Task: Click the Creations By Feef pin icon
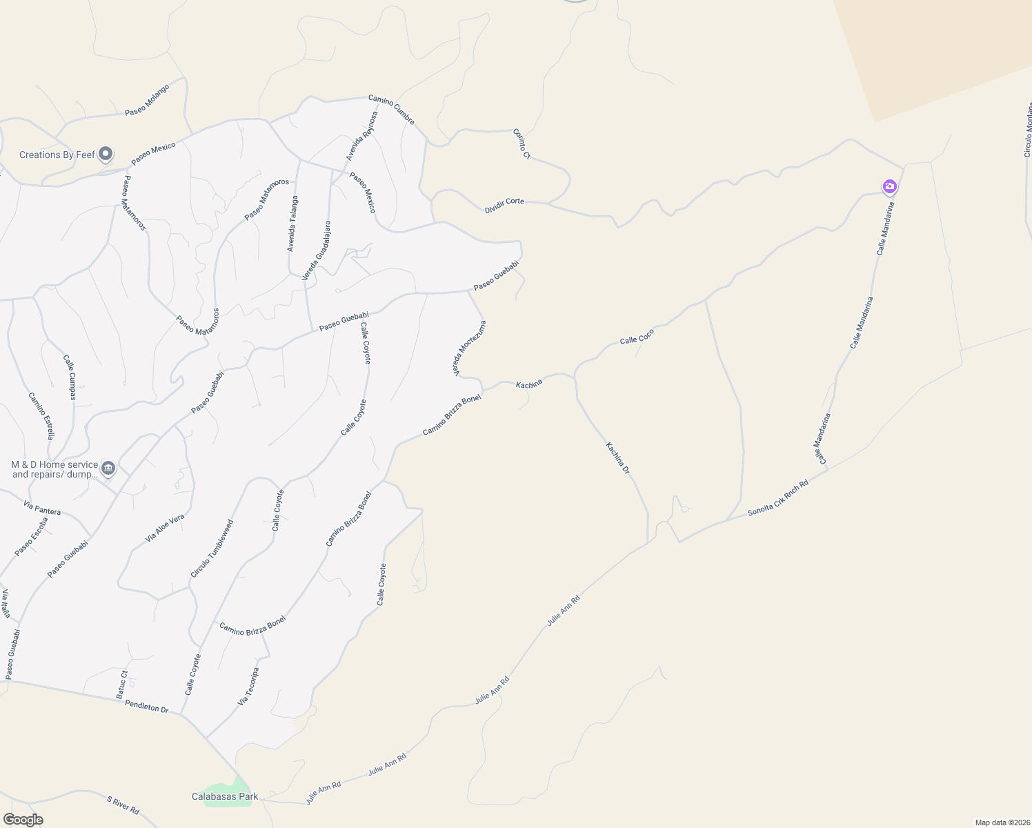pyautogui.click(x=106, y=154)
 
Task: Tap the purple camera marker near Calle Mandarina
pyautogui.click(x=889, y=186)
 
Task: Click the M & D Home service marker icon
pyautogui.click(x=108, y=469)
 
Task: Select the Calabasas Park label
pyautogui.click(x=225, y=796)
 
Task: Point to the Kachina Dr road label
pyautogui.click(x=618, y=458)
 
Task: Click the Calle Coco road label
pyautogui.click(x=637, y=337)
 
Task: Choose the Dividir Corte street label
pyautogui.click(x=504, y=205)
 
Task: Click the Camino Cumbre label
pyautogui.click(x=391, y=110)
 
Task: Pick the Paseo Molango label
pyautogui.click(x=147, y=101)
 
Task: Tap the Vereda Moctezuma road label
pyautogui.click(x=469, y=348)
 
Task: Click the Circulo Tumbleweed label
pyautogui.click(x=212, y=549)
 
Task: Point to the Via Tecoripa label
pyautogui.click(x=248, y=686)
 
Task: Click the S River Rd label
pyautogui.click(x=123, y=805)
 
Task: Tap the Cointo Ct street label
pyautogui.click(x=522, y=144)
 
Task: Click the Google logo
pyautogui.click(x=23, y=820)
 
